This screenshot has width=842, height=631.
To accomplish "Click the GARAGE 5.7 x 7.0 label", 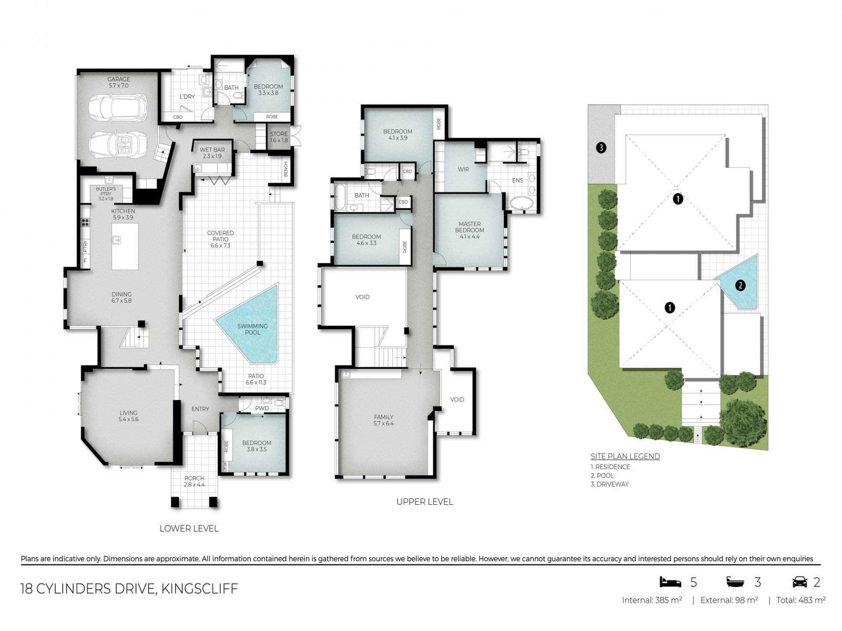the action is pos(119,82).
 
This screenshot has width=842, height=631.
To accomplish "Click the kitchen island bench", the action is pos(125,246).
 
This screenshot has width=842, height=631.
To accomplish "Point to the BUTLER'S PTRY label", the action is pos(106,194).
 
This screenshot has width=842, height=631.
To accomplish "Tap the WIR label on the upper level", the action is pos(464,170).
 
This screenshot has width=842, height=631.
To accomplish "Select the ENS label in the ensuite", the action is pos(517,180).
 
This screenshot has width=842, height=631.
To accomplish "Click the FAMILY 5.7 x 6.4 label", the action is pos(384,420).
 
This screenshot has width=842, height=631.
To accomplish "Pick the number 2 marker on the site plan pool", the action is pos(740,286).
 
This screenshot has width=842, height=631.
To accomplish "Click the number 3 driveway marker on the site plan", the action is pos(601,148).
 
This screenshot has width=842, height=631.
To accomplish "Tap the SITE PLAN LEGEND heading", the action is pos(625,456).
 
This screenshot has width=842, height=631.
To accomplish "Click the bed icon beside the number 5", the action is pos(671,582).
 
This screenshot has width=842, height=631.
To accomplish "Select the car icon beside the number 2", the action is pos(800,582).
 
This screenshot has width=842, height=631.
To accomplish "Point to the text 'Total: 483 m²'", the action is pos(801,600).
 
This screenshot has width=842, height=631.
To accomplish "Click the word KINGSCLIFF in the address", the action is pos(200,588).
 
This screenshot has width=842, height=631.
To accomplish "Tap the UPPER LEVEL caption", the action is pos(425,502).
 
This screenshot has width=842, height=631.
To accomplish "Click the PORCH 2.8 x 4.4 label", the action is pos(194,482).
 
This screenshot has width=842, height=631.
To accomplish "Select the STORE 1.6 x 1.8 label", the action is pos(279,137).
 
